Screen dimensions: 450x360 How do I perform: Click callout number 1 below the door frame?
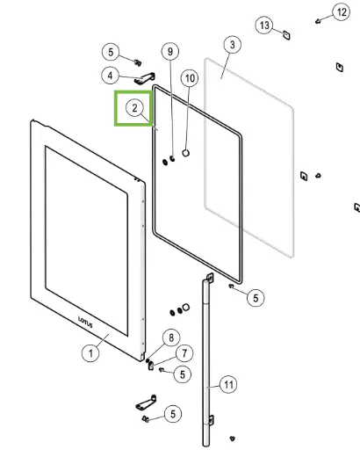click(90, 352)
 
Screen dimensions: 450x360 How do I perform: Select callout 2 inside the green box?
click(134, 108)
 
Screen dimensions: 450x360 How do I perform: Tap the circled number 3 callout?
click(231, 44)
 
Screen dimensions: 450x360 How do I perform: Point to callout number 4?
click(110, 76)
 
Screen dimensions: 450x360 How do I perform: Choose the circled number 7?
click(184, 353)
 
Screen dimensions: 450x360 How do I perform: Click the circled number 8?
click(172, 337)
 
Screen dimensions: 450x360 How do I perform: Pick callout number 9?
click(170, 52)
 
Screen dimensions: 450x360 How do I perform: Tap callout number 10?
click(190, 78)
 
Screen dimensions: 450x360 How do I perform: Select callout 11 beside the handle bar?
click(227, 384)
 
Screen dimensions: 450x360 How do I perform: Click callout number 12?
click(340, 11)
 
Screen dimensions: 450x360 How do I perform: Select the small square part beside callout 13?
click(285, 34)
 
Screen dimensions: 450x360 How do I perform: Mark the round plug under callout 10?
click(186, 154)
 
